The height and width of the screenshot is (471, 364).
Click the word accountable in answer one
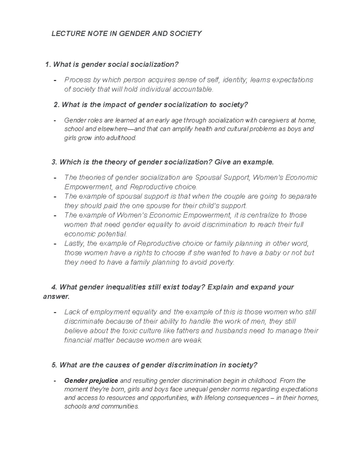tap(193, 89)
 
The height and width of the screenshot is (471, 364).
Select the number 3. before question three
tap(54, 162)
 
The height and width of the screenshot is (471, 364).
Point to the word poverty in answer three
tap(222, 262)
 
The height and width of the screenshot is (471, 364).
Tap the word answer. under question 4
tap(56, 296)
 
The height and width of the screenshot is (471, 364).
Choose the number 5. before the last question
tap(54, 365)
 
